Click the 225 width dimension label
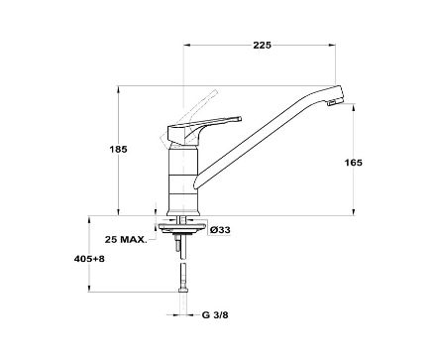pos(263,45)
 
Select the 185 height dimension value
pos(118,150)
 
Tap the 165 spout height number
pos(354,163)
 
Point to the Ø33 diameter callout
pos(220,230)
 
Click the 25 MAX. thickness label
pos(126,240)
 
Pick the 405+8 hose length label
pos(89,259)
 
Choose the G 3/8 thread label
pos(215,315)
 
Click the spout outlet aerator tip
pos(333,102)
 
